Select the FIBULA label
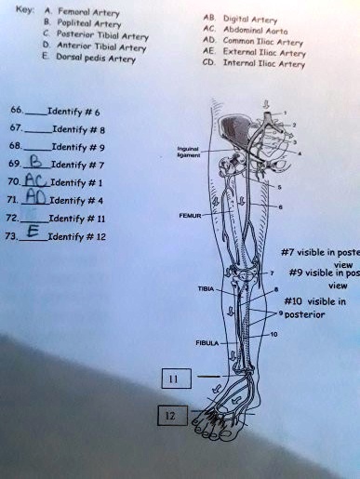click(x=207, y=342)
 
